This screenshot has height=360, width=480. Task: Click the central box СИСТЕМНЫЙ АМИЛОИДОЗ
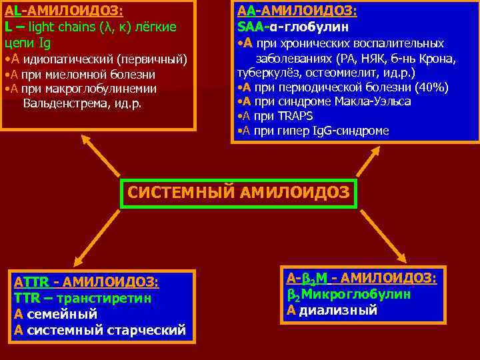238,193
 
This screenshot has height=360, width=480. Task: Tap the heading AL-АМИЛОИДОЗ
65,11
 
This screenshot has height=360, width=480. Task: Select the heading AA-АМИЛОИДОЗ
297,11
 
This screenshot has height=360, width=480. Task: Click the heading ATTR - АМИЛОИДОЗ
87,282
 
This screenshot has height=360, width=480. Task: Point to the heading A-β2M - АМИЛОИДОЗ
361,278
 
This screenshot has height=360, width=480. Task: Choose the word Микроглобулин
357,294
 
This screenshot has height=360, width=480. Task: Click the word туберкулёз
267,73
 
